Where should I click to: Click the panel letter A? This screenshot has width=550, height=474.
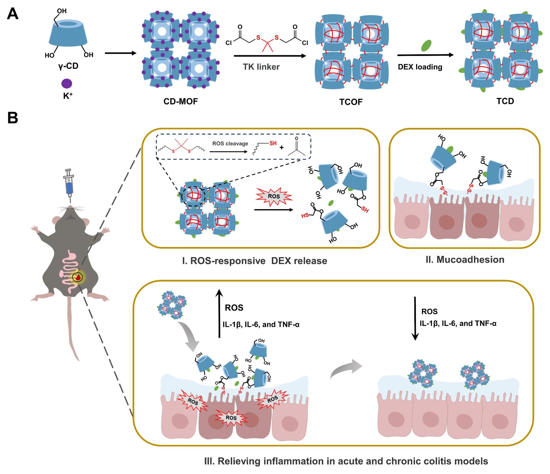coord(12,14)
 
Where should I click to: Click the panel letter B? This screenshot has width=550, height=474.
coord(13,118)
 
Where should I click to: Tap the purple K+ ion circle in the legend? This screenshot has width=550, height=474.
coord(67,83)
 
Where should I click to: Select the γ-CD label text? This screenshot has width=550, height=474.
coord(68,66)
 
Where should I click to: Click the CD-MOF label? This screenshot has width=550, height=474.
coord(180,101)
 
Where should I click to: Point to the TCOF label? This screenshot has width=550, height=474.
coord(350,102)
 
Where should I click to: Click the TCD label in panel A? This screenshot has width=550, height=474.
coord(505,101)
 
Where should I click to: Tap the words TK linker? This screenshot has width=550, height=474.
coord(261,67)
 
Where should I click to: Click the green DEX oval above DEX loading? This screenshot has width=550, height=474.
coord(426,45)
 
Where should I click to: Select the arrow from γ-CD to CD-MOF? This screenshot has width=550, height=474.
coord(121,53)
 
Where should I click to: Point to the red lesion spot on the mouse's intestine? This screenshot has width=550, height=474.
coord(78,277)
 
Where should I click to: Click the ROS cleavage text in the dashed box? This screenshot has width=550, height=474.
coord(230,144)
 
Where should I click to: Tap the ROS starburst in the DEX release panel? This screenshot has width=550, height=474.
coord(274,196)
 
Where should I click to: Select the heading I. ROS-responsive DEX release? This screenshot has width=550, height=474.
coord(254,261)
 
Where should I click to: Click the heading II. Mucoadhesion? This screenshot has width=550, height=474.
coord(465,260)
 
